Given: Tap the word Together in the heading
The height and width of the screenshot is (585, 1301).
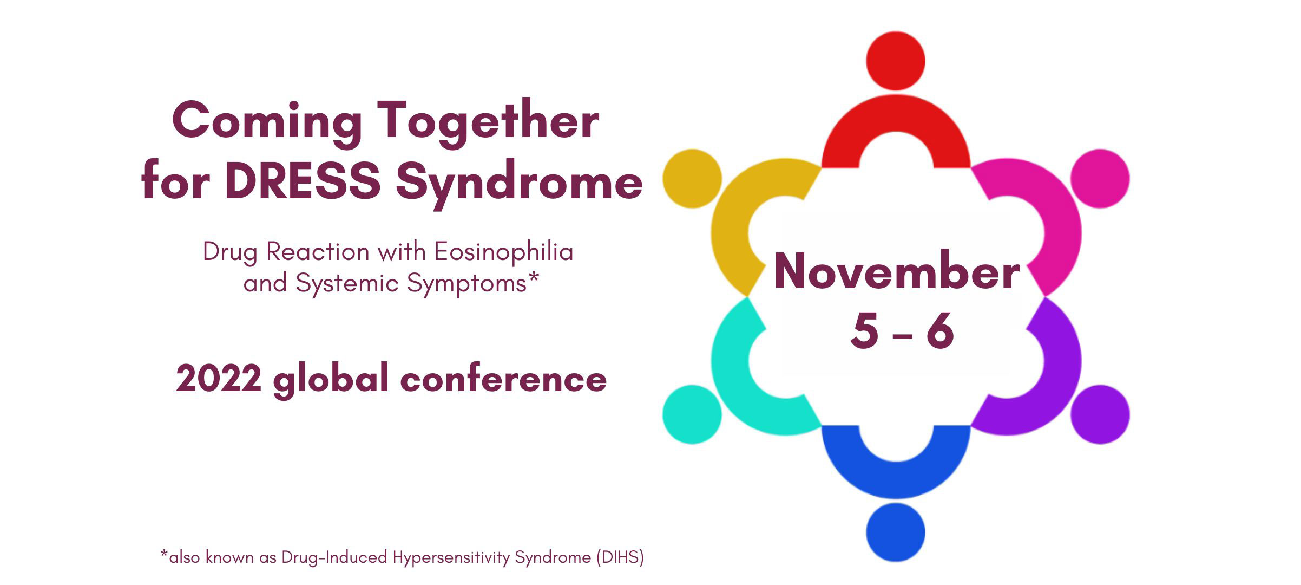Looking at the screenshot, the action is tap(489, 122).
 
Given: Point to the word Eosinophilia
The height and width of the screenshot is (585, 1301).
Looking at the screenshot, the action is tap(504, 252).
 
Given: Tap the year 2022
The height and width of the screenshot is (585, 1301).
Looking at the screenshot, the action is tap(219, 378).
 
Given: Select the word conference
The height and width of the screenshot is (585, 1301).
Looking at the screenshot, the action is tap(503, 378).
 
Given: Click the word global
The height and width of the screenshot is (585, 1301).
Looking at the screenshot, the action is tap(331, 380).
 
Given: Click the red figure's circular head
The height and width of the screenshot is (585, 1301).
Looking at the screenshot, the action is tap(896, 61).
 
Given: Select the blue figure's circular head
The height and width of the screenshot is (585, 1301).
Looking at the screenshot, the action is tap(896, 532).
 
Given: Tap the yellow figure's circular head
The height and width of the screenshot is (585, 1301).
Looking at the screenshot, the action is tap(692, 178).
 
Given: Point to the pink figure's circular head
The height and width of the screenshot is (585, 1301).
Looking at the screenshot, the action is tap(1100, 178).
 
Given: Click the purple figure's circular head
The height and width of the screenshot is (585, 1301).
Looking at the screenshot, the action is tap(1100, 414).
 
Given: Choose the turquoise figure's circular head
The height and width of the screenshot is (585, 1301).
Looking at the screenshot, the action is tap(692, 414).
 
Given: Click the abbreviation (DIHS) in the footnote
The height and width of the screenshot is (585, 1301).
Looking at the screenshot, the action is tap(620, 557).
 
